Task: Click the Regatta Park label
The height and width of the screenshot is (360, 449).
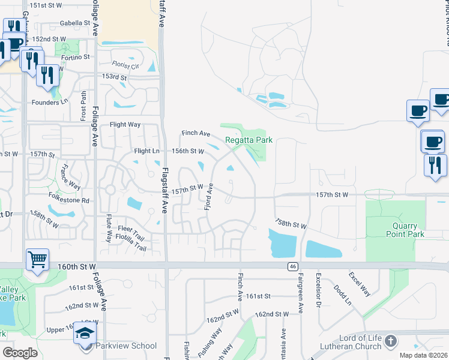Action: [x=249, y=140]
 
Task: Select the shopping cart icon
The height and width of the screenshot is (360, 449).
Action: [x=37, y=260]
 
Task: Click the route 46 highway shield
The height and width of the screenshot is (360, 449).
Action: [x=292, y=266]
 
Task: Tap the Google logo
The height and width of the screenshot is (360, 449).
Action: [x=20, y=353]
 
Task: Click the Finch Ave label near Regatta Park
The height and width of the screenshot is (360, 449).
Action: [x=196, y=133]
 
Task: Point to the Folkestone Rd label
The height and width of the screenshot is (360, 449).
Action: [x=69, y=200]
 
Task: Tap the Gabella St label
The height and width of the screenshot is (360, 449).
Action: [x=74, y=23]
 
